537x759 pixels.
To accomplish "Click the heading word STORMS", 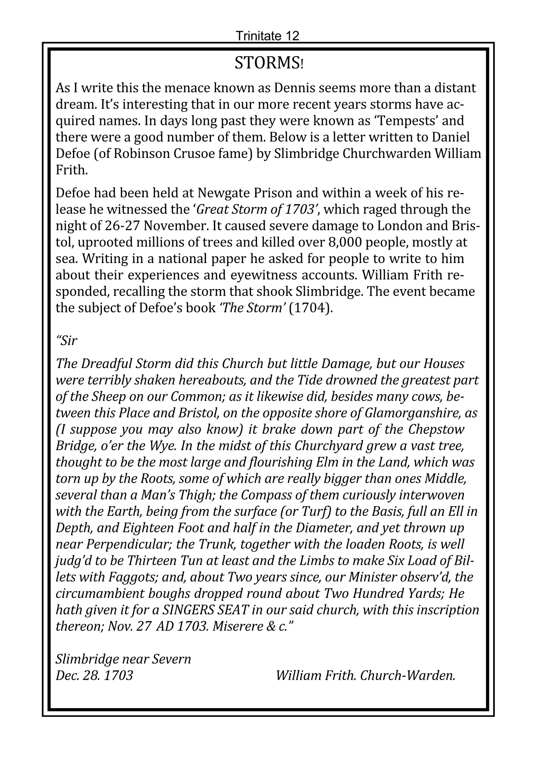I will point(266,63).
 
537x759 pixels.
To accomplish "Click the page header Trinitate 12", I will point(267,36).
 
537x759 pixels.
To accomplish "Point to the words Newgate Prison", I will point(235,193).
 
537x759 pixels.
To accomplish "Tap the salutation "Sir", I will point(67,341).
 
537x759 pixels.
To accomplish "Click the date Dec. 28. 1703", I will point(94,675).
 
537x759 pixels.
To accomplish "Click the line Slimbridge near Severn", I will point(123,659).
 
